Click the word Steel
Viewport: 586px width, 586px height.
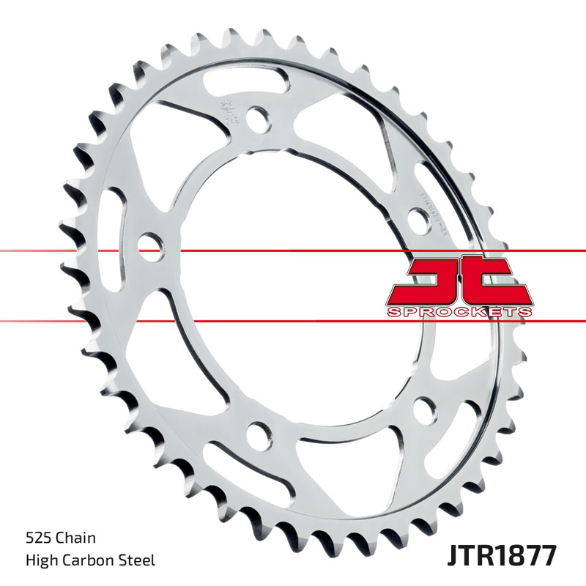pyautogui.click(x=138, y=561)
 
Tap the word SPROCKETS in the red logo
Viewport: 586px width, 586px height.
pyautogui.click(x=459, y=312)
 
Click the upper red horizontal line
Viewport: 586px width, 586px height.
pyautogui.click(x=73, y=251)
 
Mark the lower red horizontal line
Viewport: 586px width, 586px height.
pyautogui.click(x=73, y=320)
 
